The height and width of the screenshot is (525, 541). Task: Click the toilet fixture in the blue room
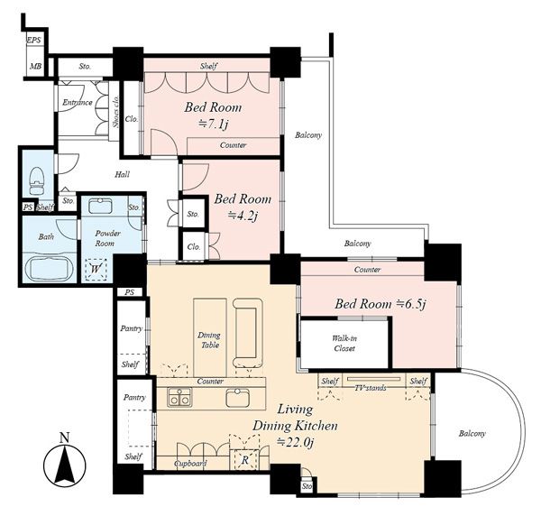pyautogui.click(x=37, y=181)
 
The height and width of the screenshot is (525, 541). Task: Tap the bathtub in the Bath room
pyautogui.click(x=49, y=269)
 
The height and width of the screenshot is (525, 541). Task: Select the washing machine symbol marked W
pyautogui.click(x=96, y=269)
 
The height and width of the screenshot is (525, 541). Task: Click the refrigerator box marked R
pyautogui.click(x=244, y=459)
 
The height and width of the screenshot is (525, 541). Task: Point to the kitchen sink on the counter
pyautogui.click(x=237, y=398)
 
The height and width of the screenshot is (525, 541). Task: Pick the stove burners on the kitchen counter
pyautogui.click(x=179, y=397)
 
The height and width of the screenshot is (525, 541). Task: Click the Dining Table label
pyautogui.click(x=209, y=340)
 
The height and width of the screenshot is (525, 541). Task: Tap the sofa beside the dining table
pyautogui.click(x=248, y=333)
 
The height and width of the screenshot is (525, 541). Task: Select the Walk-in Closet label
pyautogui.click(x=344, y=343)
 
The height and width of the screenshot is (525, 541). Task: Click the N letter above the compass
pyautogui.click(x=65, y=437)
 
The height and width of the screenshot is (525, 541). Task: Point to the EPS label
pyautogui.click(x=34, y=40)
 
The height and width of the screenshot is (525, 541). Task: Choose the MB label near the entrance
pyautogui.click(x=35, y=66)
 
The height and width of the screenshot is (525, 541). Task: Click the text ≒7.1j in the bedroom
pyautogui.click(x=213, y=124)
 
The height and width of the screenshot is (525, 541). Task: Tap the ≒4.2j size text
pyautogui.click(x=243, y=216)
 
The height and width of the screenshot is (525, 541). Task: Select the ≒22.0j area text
pyautogui.click(x=296, y=442)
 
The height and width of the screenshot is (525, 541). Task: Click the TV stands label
pyautogui.click(x=371, y=388)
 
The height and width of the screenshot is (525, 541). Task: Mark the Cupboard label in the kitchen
pyautogui.click(x=190, y=464)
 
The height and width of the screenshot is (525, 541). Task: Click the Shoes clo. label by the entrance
pyautogui.click(x=116, y=112)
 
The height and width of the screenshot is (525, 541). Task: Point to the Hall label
pyautogui.click(x=122, y=174)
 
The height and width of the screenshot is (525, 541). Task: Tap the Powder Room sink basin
pyautogui.click(x=100, y=206)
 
